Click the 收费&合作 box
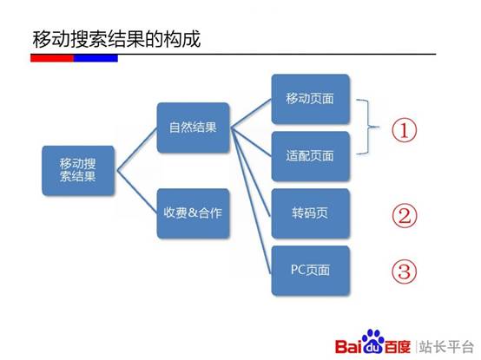click(x=194, y=213)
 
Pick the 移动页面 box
click(x=310, y=100)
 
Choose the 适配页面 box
click(x=310, y=156)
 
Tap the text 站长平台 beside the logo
click(x=449, y=341)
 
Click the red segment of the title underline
click(x=52, y=58)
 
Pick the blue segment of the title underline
click(x=96, y=58)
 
